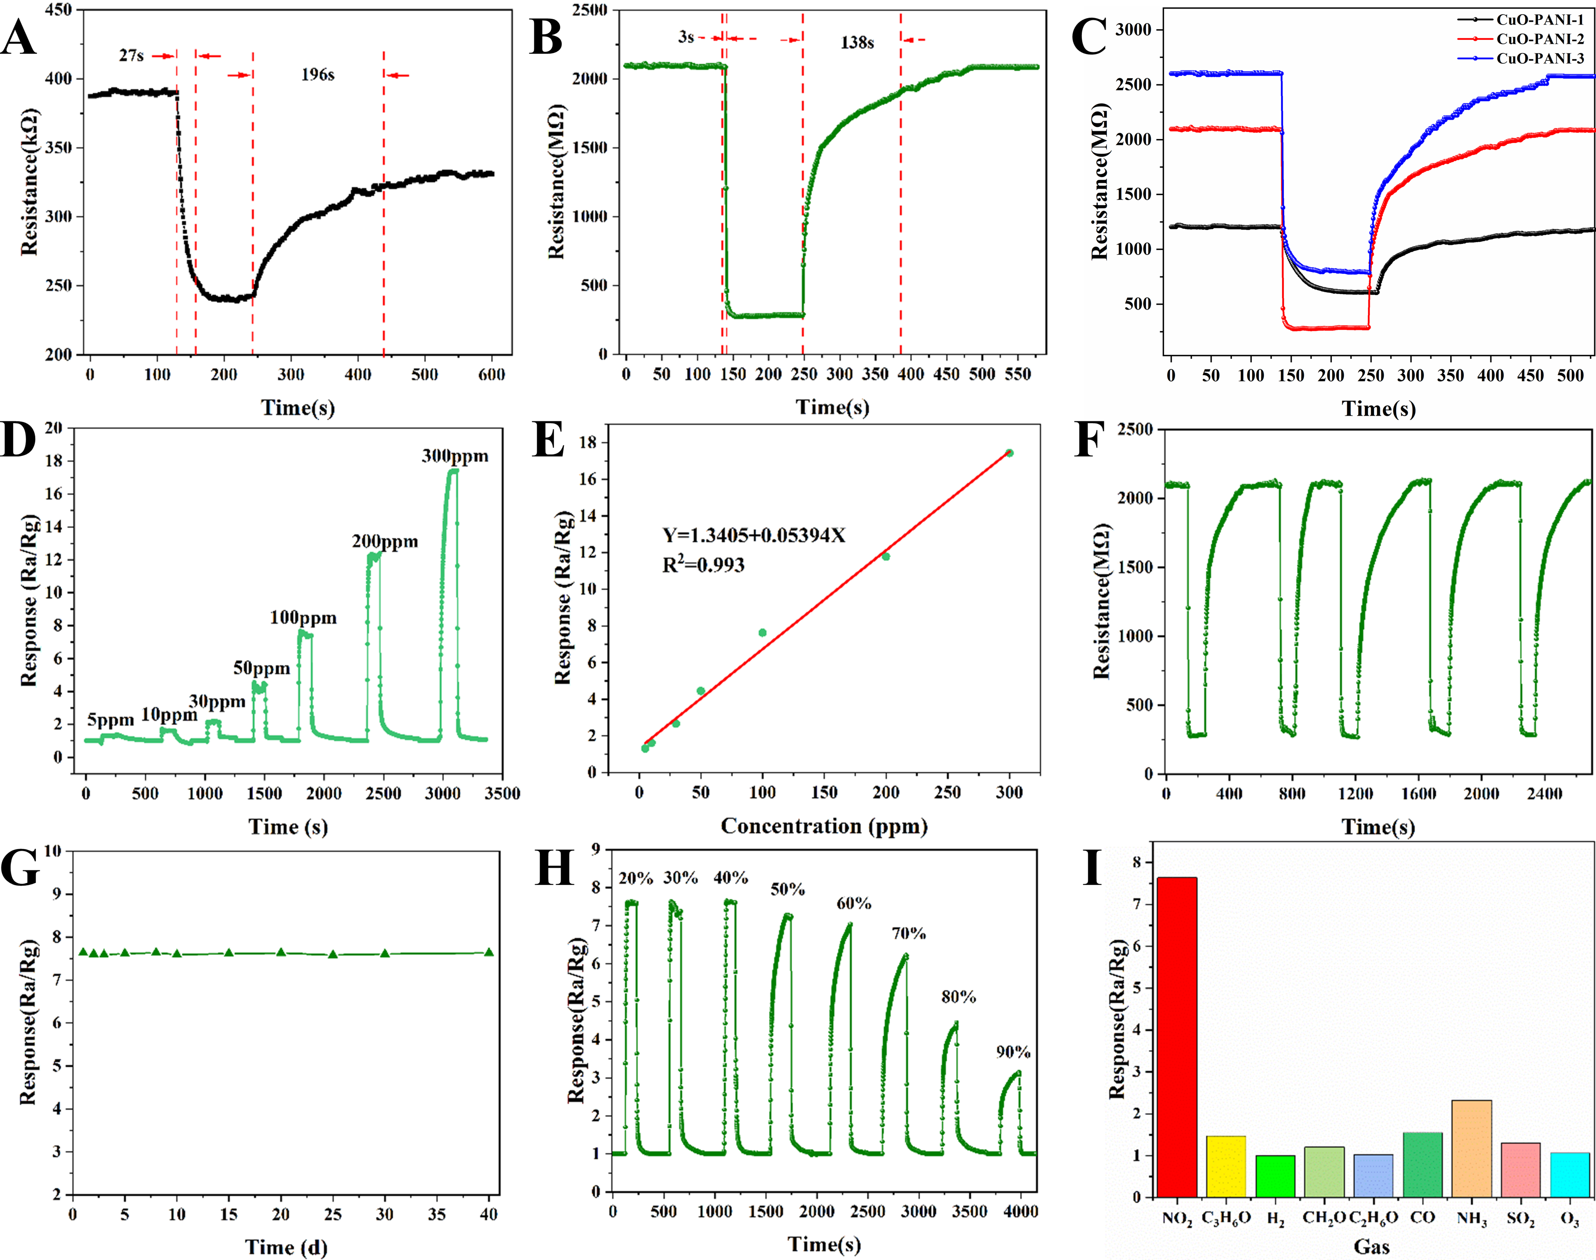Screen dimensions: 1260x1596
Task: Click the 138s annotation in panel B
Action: point(857,43)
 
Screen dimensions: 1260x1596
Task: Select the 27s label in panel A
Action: point(131,55)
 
